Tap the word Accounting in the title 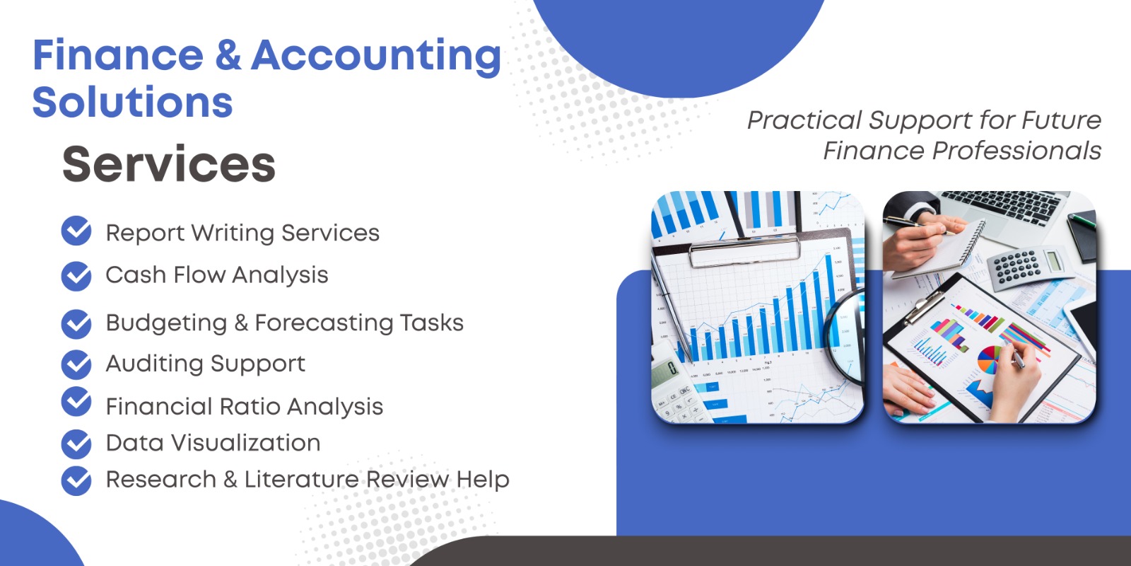click(376, 58)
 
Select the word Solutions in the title click(132, 102)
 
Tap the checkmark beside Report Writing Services click(76, 231)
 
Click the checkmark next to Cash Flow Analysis click(76, 276)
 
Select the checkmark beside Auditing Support click(76, 364)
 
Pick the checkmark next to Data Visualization click(76, 444)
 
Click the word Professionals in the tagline click(1016, 151)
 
